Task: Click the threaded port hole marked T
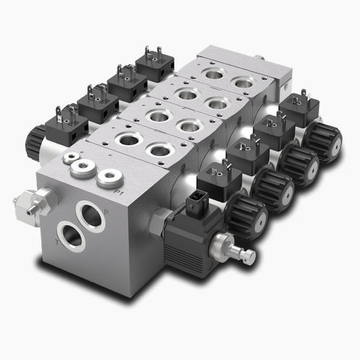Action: [x=71, y=236]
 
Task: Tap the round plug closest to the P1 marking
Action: [x=109, y=177]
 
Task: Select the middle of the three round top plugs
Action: [x=84, y=168]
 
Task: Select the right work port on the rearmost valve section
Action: [x=243, y=84]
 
